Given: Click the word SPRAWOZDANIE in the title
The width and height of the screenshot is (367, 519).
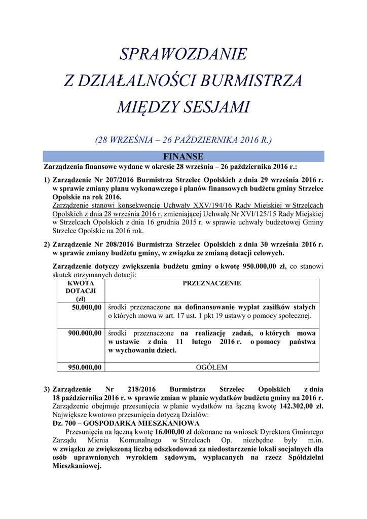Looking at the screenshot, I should pos(183,54).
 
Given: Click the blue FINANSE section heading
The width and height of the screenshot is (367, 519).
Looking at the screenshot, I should pos(183,156).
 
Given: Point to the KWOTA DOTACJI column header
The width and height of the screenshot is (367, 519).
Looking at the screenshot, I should pos(81,291).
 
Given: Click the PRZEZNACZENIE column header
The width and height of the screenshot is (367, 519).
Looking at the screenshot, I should pos(212,284).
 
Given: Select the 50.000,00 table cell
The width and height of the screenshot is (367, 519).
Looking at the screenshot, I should pos(87,307).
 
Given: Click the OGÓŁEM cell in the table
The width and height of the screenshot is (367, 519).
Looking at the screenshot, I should pos(212,367).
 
